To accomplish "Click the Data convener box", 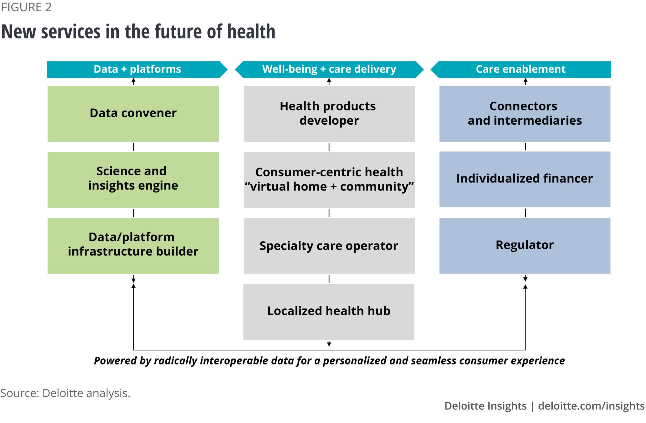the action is pos(133,114).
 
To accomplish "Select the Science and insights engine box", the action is pos(133,180).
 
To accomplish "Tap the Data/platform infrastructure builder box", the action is pos(133,246).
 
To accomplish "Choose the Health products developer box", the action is pos(329,114).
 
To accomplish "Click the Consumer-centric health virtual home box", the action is pos(329,180).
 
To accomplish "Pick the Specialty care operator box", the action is pos(329,246).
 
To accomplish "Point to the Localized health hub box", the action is pos(329,312).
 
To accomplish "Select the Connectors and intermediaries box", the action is pos(525,114).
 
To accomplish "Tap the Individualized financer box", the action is pos(525,179).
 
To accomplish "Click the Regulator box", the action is pos(525,246).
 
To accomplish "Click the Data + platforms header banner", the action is pos(137,69).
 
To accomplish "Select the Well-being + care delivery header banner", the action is pos(329,69).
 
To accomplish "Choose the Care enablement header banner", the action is pos(521,69).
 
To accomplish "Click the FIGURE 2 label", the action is pos(26,7).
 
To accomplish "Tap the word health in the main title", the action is pos(251,32).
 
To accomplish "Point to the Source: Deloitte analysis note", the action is pos(65,393).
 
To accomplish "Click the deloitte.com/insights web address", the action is pos(591,406).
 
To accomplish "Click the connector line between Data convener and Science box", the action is pos(133,147).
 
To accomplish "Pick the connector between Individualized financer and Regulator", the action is pos(526,212).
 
